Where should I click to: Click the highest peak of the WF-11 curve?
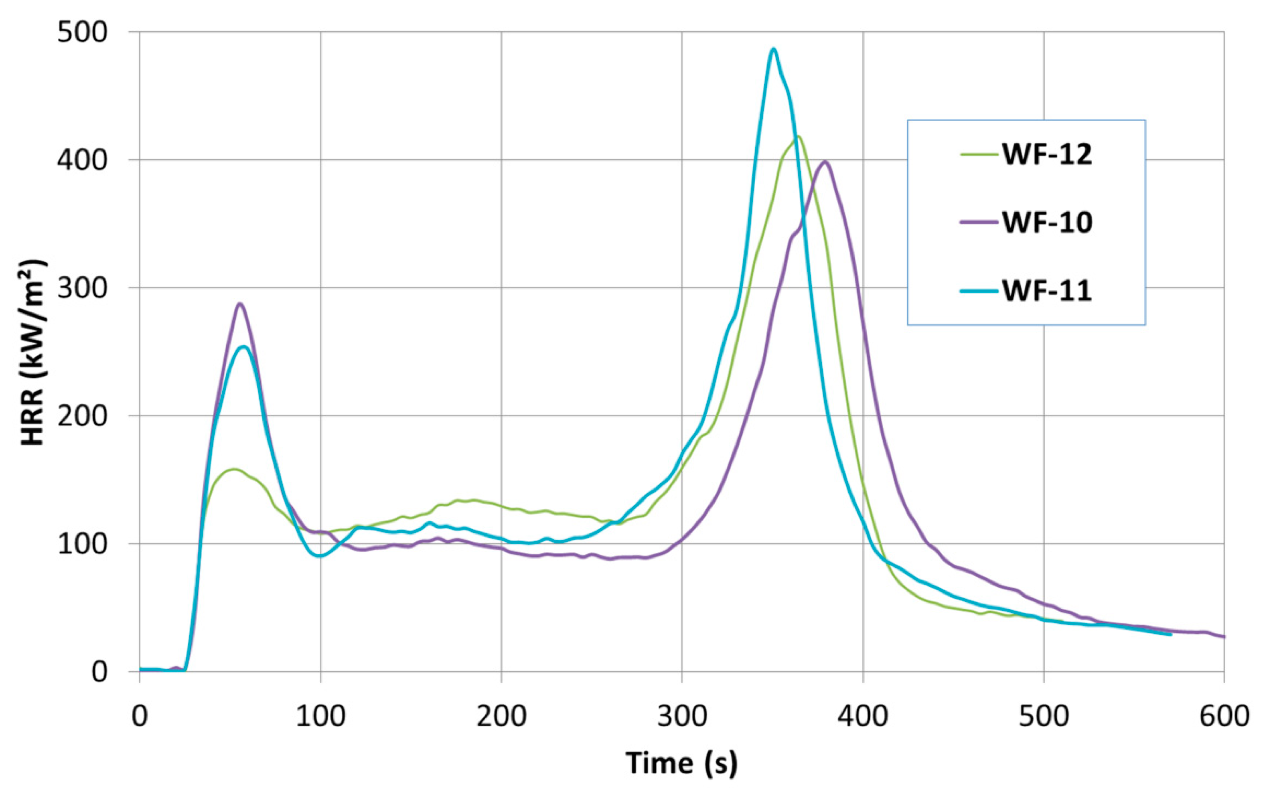pyautogui.click(x=773, y=49)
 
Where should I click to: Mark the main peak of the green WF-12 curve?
pyautogui.click(x=799, y=138)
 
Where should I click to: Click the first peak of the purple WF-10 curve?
pyautogui.click(x=240, y=304)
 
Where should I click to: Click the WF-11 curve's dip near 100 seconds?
pyautogui.click(x=319, y=556)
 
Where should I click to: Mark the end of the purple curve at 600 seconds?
pyautogui.click(x=1222, y=637)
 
